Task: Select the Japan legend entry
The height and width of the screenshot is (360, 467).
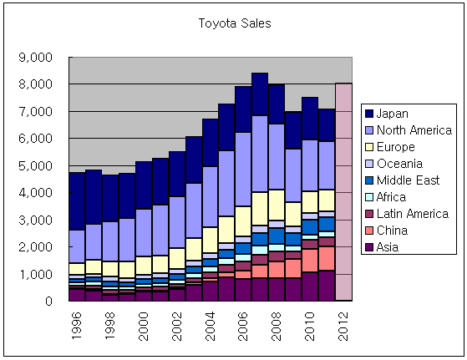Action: tap(390, 114)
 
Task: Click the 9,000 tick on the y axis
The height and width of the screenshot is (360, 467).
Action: tap(35, 58)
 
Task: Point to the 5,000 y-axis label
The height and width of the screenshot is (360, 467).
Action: tap(35, 166)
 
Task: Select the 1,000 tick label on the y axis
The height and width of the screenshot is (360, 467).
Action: tap(35, 274)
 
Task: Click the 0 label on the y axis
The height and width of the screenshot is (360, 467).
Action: tap(48, 301)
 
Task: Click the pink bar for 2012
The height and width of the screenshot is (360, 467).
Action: tap(343, 192)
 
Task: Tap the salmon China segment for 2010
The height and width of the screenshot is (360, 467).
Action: tap(310, 260)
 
